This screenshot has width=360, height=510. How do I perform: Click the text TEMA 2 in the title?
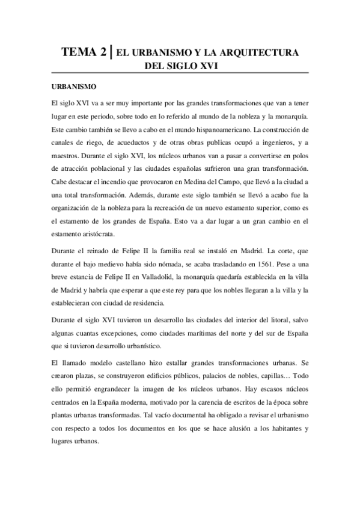[85, 53]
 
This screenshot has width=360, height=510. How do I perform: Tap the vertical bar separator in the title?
[112, 52]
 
